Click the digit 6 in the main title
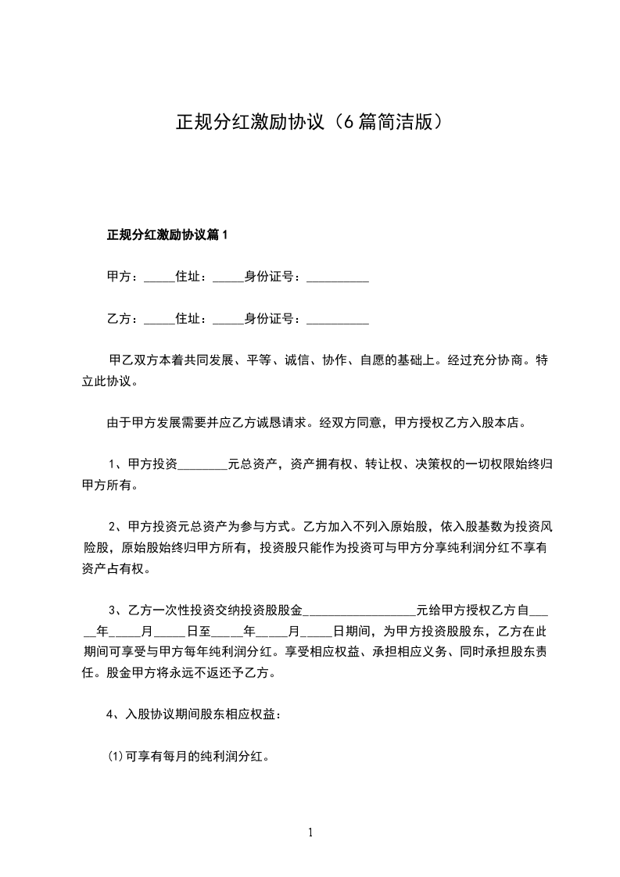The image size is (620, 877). click(345, 123)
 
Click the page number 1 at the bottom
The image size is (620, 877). click(310, 832)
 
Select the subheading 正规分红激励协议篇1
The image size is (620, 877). click(167, 234)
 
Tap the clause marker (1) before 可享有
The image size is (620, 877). click(115, 757)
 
